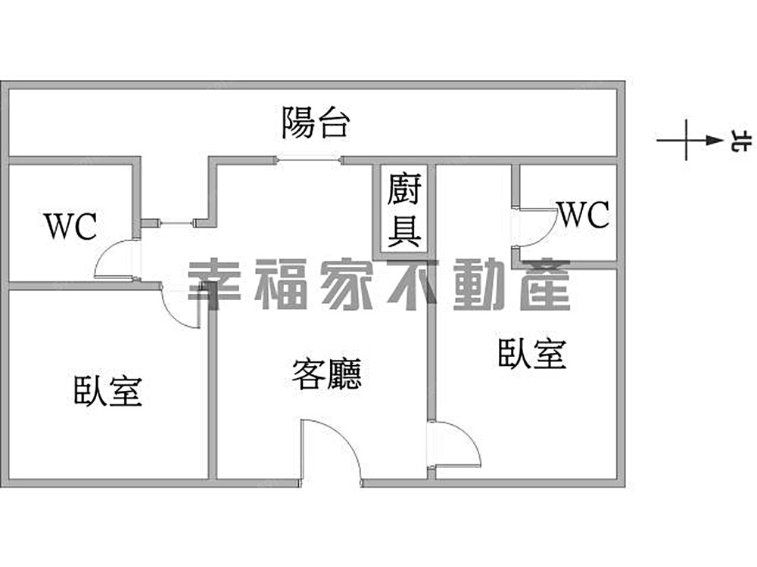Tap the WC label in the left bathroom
pos(70,226)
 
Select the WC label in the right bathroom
pos(584,215)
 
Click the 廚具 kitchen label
pos(404,210)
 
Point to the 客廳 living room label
pos(326,373)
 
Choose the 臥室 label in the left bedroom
pos(108,390)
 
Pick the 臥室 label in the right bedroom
pos(532,353)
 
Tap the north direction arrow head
pos(713,140)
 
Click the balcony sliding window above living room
pos(308,160)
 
